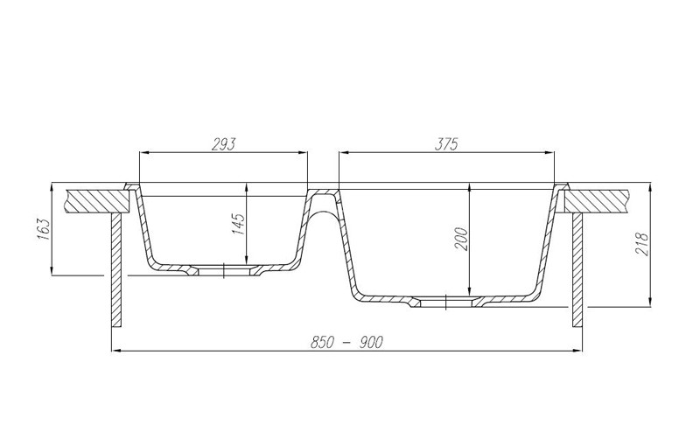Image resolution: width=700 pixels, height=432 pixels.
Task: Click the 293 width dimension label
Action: pos(224,144)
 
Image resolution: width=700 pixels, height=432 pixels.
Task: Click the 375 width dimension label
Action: pos(446,144)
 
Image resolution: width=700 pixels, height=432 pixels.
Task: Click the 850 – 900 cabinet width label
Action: pos(348,341)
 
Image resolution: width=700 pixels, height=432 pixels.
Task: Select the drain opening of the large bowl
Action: pos(447,301)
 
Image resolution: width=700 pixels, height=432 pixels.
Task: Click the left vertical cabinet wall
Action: pos(115,271)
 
